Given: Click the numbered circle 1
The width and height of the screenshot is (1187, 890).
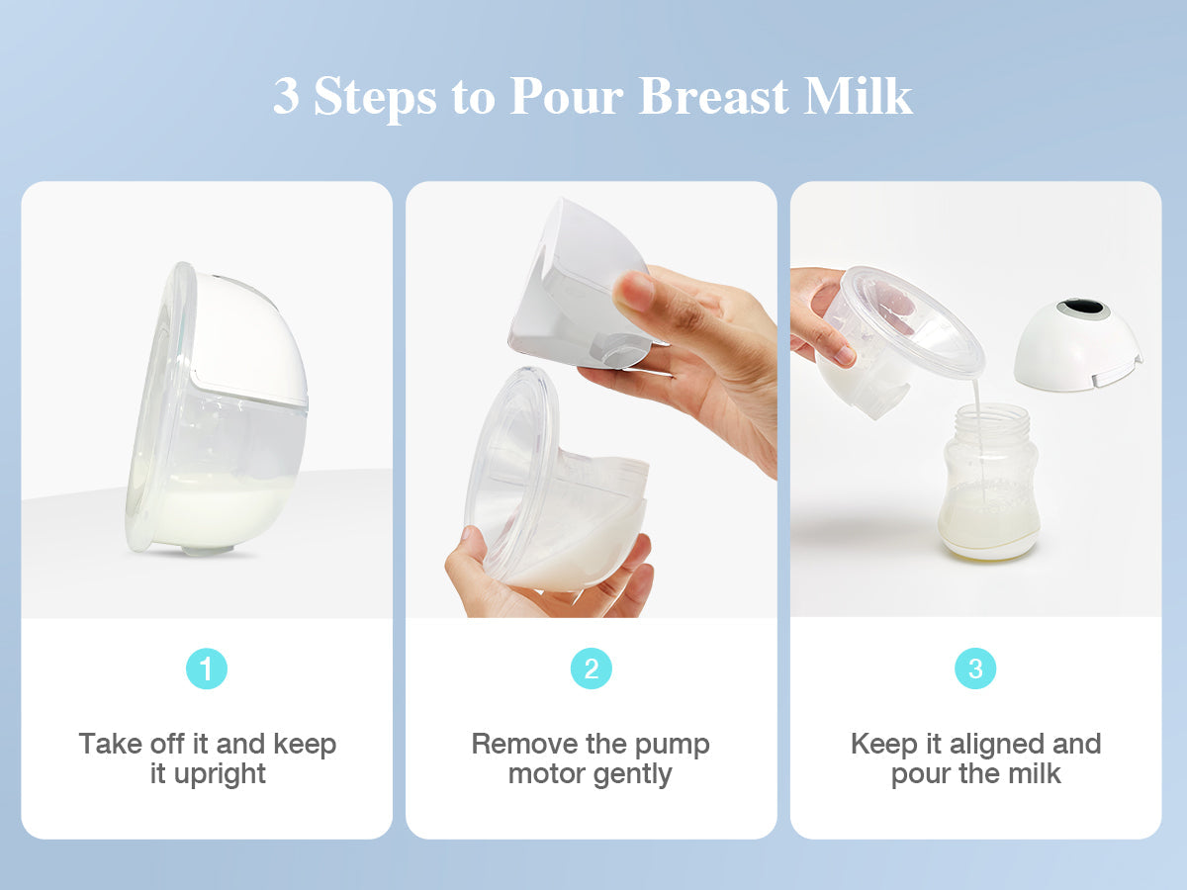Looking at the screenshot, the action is point(207,668).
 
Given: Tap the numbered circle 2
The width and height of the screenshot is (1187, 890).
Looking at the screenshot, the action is point(592,668).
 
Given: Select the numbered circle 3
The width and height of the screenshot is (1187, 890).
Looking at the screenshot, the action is point(975,668).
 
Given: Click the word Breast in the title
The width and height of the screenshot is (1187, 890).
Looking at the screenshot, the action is point(713,96).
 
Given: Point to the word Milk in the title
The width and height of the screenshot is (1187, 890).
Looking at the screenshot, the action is point(859,96).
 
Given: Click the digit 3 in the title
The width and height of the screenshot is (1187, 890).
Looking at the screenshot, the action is point(286,96).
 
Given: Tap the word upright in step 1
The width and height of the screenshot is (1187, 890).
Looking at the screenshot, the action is point(220,774).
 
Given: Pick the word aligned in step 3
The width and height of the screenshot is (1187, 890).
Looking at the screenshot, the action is point(998,745).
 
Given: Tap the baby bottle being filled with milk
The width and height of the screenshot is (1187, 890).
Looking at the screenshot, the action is point(988,484).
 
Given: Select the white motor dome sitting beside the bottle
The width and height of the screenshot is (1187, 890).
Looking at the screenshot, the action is point(1078,342).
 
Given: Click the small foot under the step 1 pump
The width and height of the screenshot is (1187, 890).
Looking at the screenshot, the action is point(208,550).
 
